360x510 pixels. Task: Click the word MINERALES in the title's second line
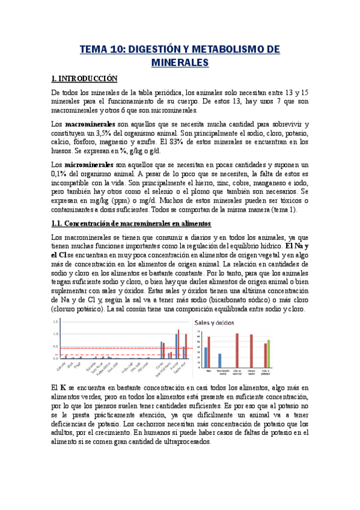pyautogui.click(x=179, y=62)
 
